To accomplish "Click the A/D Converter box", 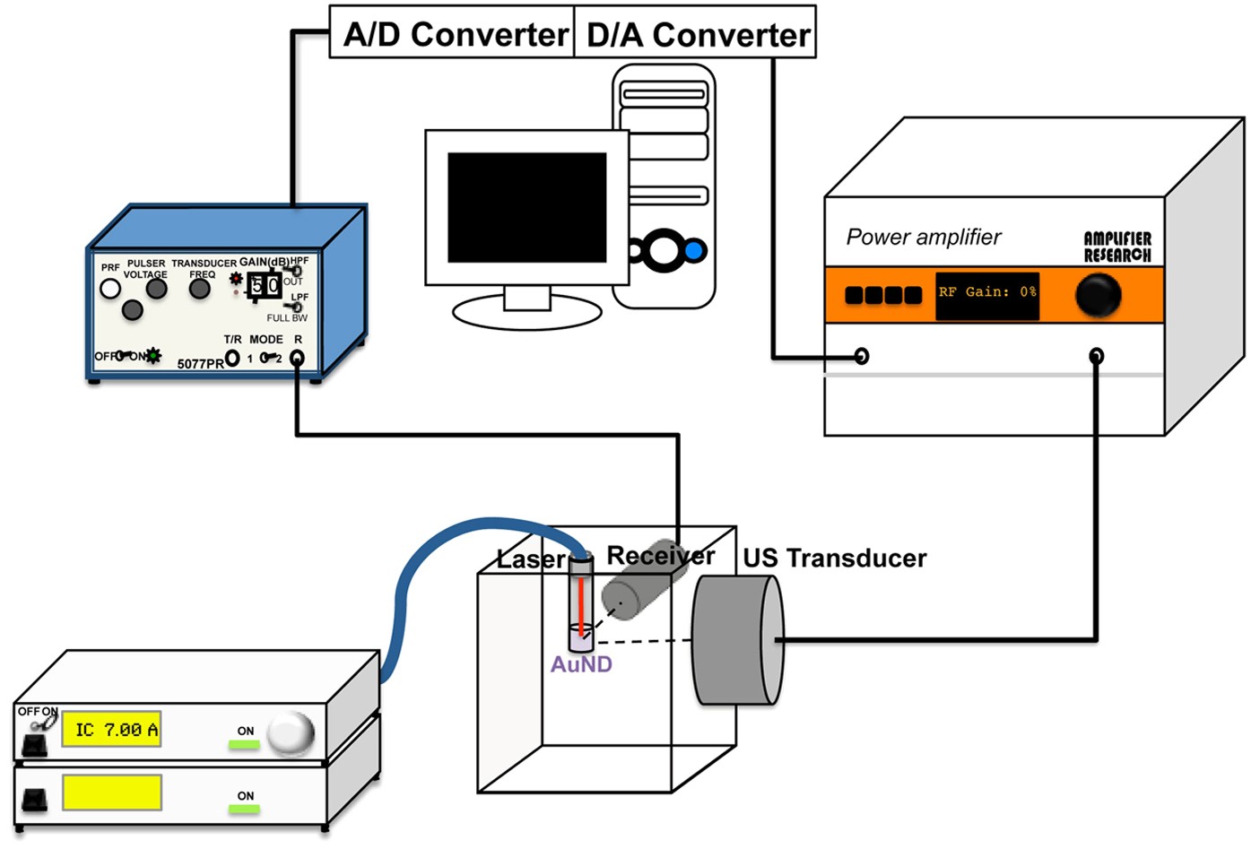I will pos(452,33).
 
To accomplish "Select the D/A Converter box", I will pos(695,33).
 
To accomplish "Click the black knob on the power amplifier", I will pos(1098,294).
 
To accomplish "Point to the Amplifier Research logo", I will pos(1116,247).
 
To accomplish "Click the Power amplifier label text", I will pos(923,237).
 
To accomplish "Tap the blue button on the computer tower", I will pos(694,251).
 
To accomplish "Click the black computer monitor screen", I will pos(526,207).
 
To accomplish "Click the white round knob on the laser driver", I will pos(292,732).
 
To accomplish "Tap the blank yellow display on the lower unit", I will pos(111,793).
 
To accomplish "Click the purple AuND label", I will pos(581,665).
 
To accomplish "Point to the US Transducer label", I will pos(834,558).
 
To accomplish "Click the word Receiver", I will pos(660,555).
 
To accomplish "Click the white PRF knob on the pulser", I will pos(110,289).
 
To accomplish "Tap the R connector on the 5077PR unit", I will pos(298,358).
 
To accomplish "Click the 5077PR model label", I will pos(199,364).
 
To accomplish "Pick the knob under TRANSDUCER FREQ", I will pos(200,289).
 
